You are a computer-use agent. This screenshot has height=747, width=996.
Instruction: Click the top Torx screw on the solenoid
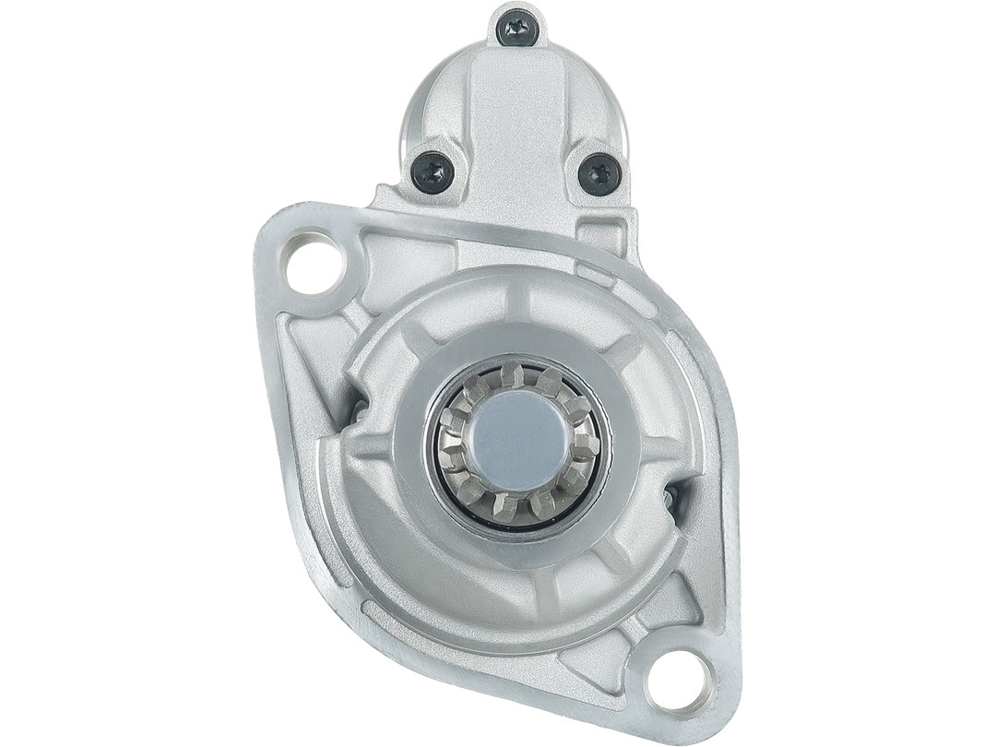coord(517,29)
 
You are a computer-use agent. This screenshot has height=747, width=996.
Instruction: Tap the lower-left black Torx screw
coord(433,172)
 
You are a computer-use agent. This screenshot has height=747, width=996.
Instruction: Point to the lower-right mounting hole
coord(681,681)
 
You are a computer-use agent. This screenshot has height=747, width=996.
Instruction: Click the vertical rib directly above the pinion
coord(517,301)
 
